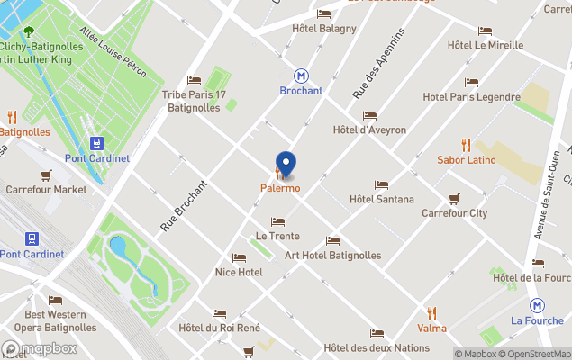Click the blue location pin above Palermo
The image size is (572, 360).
(286, 164)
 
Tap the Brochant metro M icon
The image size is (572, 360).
(300, 76)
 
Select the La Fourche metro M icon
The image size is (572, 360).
(537, 305)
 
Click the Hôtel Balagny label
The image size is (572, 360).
(324, 28)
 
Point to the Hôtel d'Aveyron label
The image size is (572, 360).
(369, 130)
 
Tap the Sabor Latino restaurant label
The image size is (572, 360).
(466, 159)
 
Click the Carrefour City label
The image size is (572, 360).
(454, 213)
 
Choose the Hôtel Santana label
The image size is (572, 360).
(381, 199)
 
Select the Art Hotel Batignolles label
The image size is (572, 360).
(332, 255)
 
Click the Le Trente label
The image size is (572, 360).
(277, 236)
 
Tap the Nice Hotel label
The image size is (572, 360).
(239, 272)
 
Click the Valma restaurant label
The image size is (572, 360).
(431, 328)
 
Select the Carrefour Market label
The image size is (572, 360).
(46, 189)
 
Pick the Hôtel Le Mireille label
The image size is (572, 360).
(485, 45)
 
